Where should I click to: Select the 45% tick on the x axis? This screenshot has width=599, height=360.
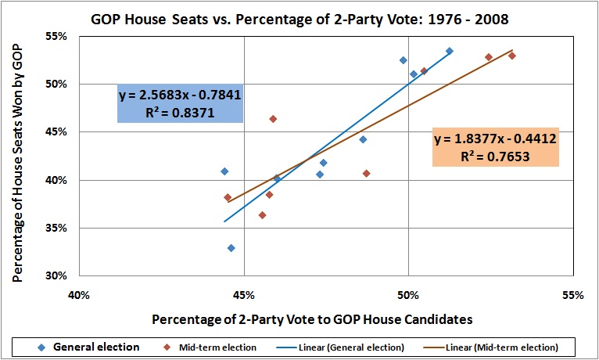pyautogui.click(x=244, y=296)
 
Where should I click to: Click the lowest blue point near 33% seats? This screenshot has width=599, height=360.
pyautogui.click(x=231, y=248)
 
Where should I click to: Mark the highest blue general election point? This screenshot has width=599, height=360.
pyautogui.click(x=450, y=51)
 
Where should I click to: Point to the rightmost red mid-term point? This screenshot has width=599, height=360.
pyautogui.click(x=512, y=56)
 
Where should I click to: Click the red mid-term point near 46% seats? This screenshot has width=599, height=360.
pyautogui.click(x=273, y=119)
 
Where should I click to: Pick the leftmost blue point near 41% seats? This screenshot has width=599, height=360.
pyautogui.click(x=224, y=171)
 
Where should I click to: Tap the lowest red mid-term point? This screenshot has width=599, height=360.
pyautogui.click(x=263, y=215)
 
